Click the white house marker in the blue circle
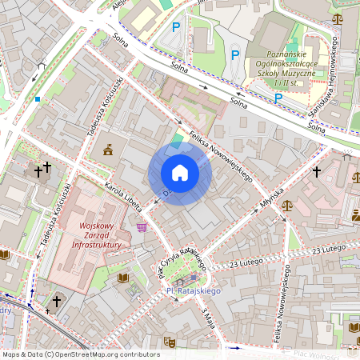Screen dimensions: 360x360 coord(180,173)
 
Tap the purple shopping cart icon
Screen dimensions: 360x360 coord(142,227)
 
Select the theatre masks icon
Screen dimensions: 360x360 coord(170,342)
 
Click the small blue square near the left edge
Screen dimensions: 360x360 coord(38,99)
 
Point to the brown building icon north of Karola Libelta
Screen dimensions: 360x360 coord(108,149)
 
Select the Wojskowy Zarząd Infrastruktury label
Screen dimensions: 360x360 coord(94,235)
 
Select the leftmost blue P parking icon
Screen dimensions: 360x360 coord(177,27)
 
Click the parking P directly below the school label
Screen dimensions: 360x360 coord(278,98)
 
